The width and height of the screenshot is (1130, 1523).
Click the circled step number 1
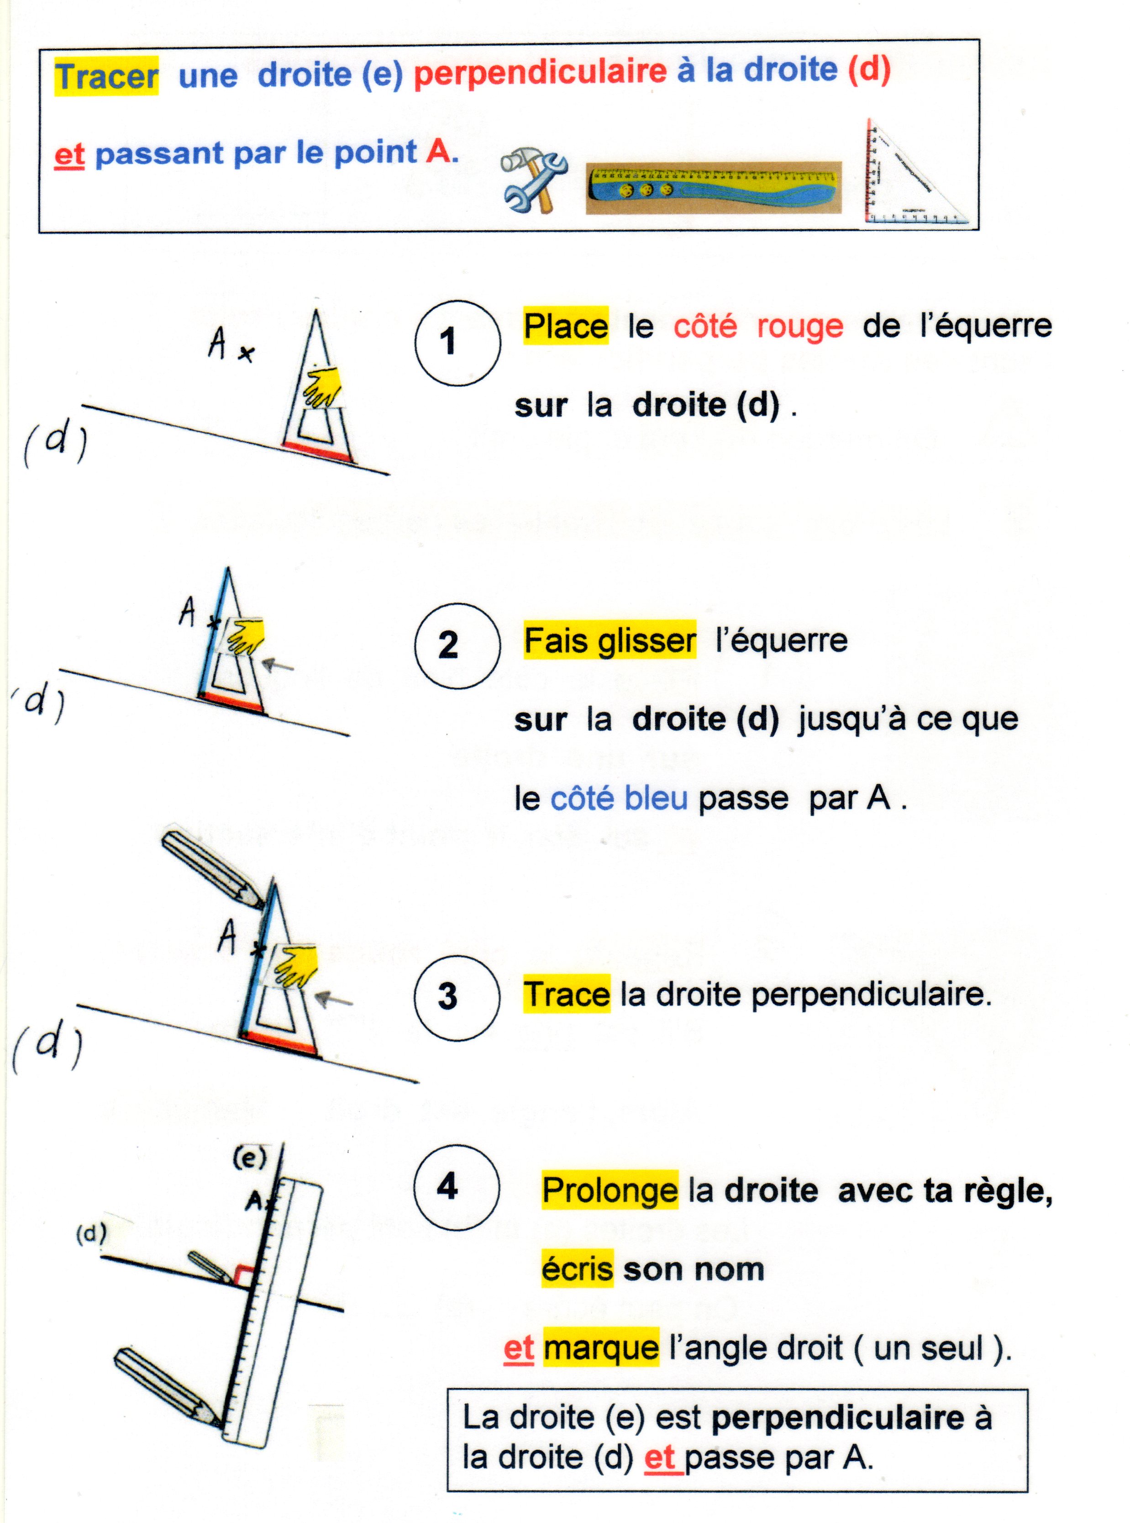point(457,343)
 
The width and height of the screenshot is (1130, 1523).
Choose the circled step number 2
point(457,645)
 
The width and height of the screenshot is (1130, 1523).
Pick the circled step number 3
point(457,997)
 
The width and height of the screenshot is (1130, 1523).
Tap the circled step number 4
point(457,1187)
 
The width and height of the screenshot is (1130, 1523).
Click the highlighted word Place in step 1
point(566,326)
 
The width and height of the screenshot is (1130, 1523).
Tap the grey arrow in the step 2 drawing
point(278,664)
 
